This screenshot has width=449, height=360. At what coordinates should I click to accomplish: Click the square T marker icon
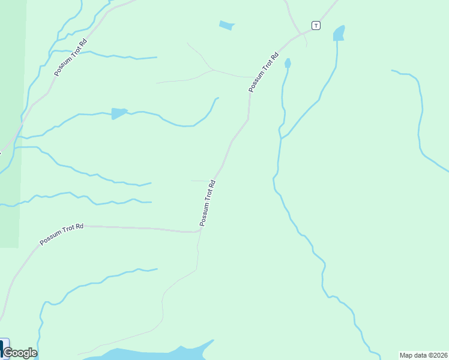click(316, 25)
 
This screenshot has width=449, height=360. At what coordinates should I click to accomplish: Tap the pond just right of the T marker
click(339, 33)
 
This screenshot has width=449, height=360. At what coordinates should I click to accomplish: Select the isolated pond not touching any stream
click(226, 25)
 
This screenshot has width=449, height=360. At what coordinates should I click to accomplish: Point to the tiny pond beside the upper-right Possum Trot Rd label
click(288, 63)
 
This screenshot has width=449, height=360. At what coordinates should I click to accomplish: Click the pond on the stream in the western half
click(118, 113)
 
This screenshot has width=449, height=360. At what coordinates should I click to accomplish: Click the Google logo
click(20, 353)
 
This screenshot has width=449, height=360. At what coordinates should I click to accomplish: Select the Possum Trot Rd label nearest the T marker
click(264, 73)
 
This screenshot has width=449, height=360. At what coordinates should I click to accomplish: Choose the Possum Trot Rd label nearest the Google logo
click(61, 233)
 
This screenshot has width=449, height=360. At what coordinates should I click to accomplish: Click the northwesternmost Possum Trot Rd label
click(70, 58)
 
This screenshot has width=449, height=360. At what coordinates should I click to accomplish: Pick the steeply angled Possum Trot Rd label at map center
click(207, 203)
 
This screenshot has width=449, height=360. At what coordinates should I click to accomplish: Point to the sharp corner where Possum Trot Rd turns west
click(198, 230)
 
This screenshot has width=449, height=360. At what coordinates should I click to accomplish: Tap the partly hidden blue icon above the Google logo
click(2, 346)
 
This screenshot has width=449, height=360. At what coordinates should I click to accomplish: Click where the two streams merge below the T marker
click(280, 139)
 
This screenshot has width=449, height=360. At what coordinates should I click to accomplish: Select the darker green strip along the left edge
click(11, 180)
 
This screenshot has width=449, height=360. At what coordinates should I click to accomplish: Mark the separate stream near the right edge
click(420, 120)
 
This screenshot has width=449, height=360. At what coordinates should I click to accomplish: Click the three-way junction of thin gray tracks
click(214, 70)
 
